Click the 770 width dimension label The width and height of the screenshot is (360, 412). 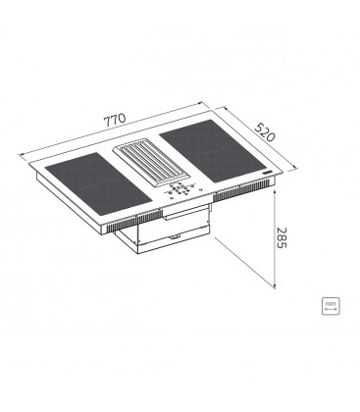[x=115, y=120]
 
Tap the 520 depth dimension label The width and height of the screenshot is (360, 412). [x=265, y=131]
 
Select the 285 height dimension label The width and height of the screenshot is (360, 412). [x=282, y=237]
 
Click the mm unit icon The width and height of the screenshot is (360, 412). [x=331, y=306]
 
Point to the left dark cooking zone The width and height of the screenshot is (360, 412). [x=98, y=183]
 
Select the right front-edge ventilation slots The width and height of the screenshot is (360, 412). [x=243, y=191]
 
